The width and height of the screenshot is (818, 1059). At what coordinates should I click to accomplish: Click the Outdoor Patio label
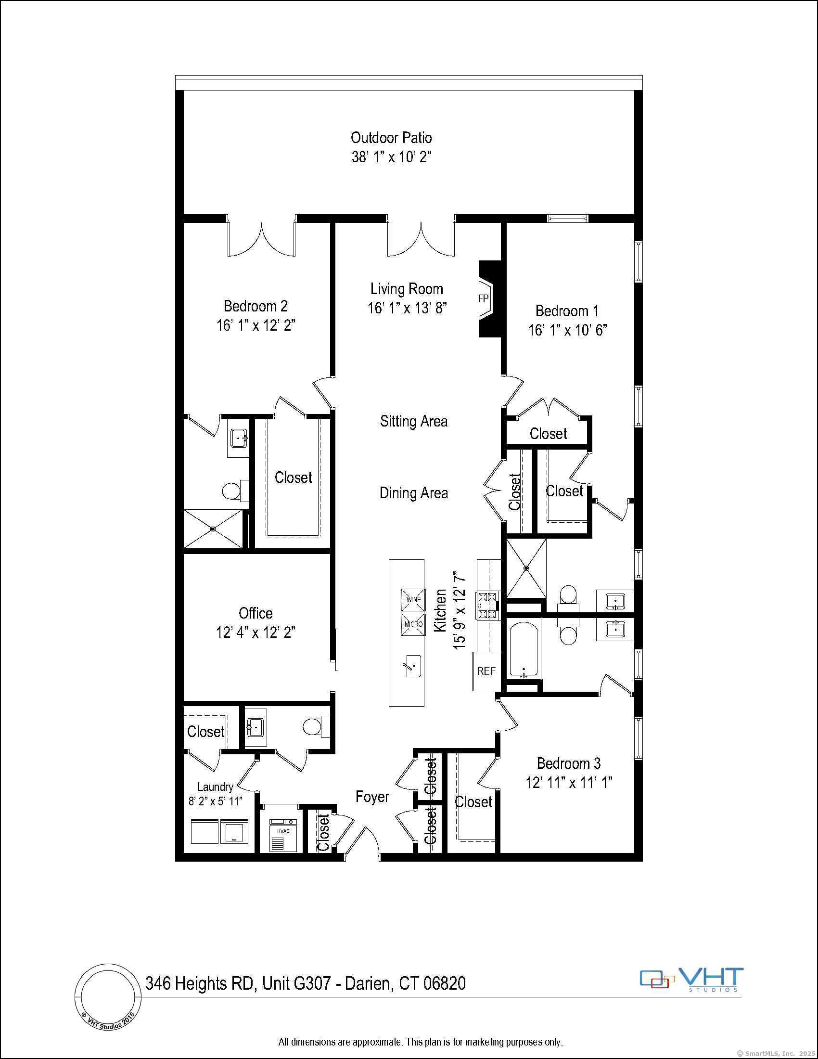pos(391,138)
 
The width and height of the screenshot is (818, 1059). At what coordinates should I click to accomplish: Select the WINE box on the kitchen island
pos(413,600)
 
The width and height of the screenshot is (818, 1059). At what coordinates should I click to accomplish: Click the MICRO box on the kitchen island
pos(413,624)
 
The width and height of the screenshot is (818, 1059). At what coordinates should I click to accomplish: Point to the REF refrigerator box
pos(486,671)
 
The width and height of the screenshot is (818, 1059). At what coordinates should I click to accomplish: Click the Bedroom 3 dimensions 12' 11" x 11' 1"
pos(569,783)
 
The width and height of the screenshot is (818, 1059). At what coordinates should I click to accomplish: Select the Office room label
pos(256,613)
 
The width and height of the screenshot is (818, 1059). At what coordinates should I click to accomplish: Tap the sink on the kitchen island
pos(413,666)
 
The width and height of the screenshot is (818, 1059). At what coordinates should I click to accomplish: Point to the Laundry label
pos(215,787)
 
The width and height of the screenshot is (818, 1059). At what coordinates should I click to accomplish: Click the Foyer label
pos(372,797)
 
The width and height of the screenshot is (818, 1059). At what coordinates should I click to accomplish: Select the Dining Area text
pos(413,493)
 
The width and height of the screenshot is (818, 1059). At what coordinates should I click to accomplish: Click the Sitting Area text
pos(413,421)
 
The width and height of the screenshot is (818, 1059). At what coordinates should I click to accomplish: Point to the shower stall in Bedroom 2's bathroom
pos(213,529)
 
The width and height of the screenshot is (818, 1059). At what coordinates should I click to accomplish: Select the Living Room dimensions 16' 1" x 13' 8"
pos(407,308)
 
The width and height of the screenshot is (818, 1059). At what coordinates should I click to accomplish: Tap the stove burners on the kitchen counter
pos(488,606)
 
